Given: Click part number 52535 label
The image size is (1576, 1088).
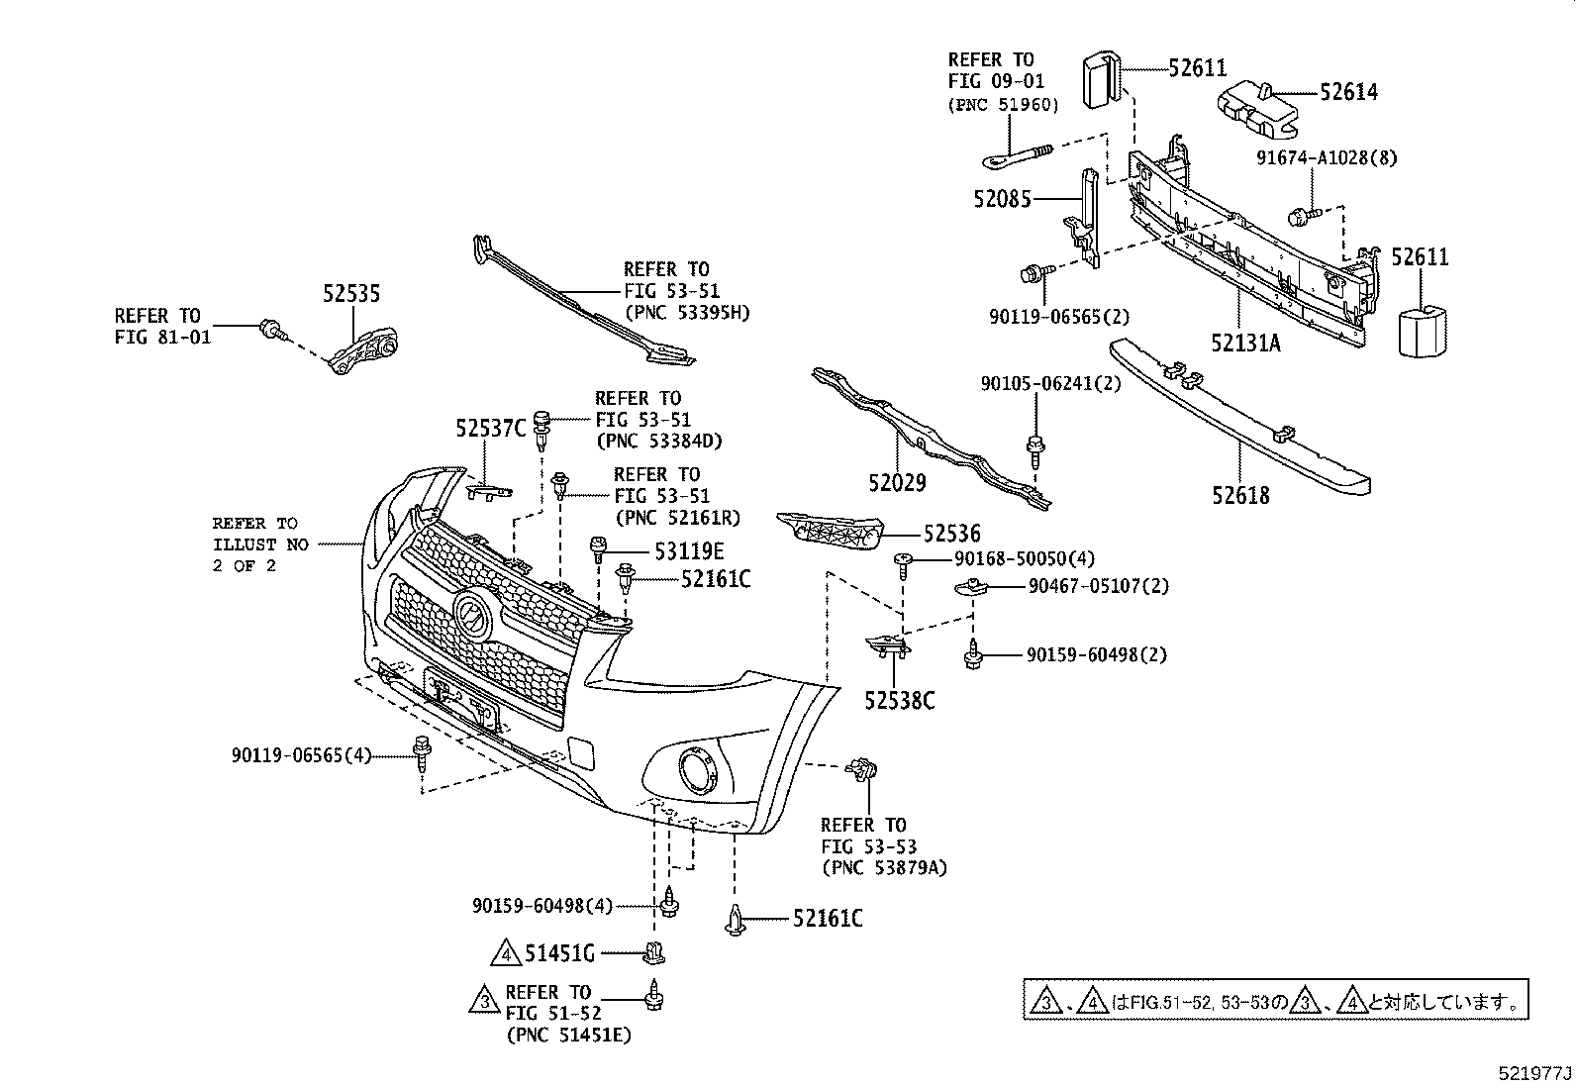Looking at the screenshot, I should click(350, 294).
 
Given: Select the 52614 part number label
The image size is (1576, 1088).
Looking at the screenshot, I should click(1347, 92).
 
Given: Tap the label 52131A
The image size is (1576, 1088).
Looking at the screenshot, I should click(1244, 343).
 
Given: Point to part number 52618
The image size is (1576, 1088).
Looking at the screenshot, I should click(1239, 495).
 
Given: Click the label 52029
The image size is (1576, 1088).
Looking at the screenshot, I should click(897, 483).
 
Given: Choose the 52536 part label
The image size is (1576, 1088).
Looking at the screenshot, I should click(951, 535).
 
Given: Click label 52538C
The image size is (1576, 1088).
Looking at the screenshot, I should click(899, 701).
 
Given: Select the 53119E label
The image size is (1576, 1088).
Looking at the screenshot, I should click(688, 551).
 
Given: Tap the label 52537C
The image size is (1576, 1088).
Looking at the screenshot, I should click(490, 429).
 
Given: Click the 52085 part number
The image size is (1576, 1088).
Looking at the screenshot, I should click(1002, 199).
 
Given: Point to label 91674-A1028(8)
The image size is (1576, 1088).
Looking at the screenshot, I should click(1327, 157).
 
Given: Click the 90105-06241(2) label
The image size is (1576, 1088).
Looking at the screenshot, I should click(1050, 383).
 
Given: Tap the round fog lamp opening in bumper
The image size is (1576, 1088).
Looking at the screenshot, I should click(696, 770).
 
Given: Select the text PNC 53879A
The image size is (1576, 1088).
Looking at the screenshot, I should click(883, 868).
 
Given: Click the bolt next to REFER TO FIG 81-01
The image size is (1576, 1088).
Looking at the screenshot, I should click(269, 328).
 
